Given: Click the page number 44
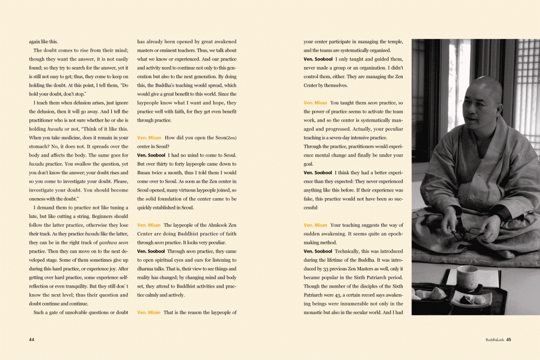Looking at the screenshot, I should point(32,339).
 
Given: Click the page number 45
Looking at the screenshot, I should point(509,339).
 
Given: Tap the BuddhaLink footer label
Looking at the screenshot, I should point(495,339).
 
